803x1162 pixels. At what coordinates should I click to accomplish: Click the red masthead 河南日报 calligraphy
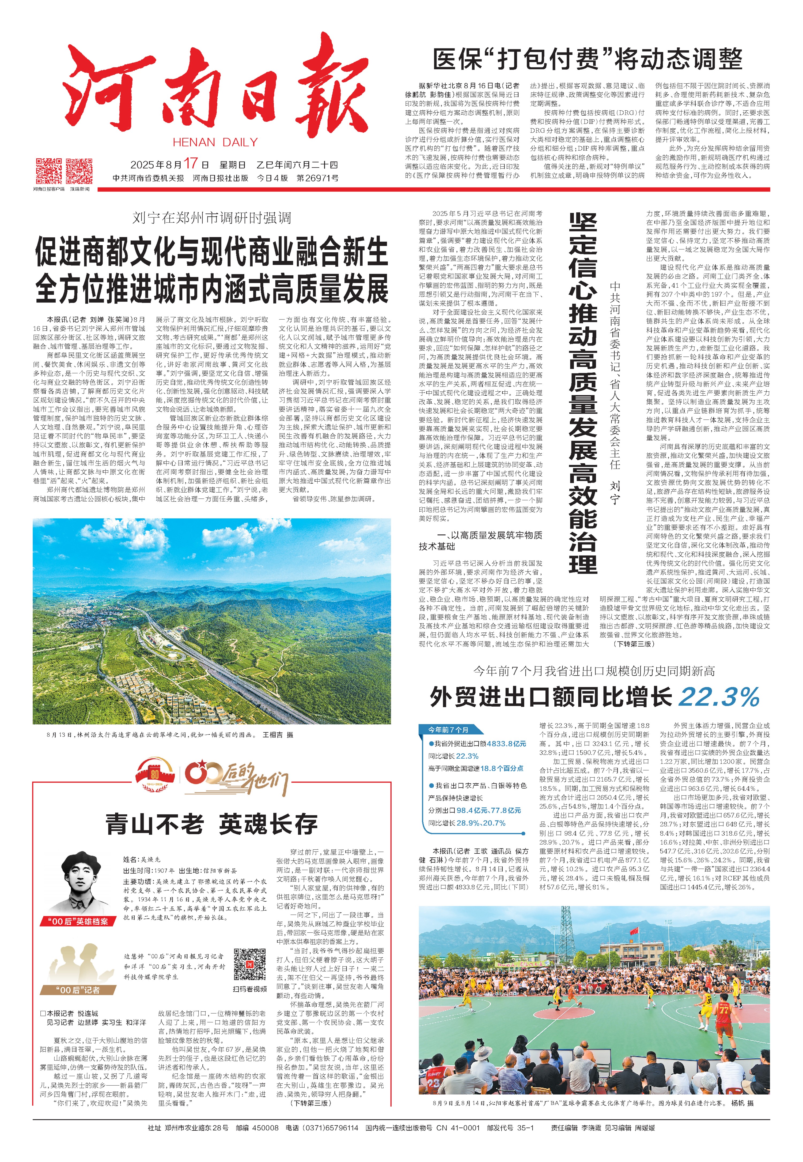pyautogui.click(x=216, y=88)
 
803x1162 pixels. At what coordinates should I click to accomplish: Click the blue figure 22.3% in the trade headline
pyautogui.click(x=718, y=697)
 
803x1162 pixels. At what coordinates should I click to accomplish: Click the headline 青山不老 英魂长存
pyautogui.click(x=211, y=824)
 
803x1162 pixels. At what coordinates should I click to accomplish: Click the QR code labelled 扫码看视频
pyautogui.click(x=249, y=964)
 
